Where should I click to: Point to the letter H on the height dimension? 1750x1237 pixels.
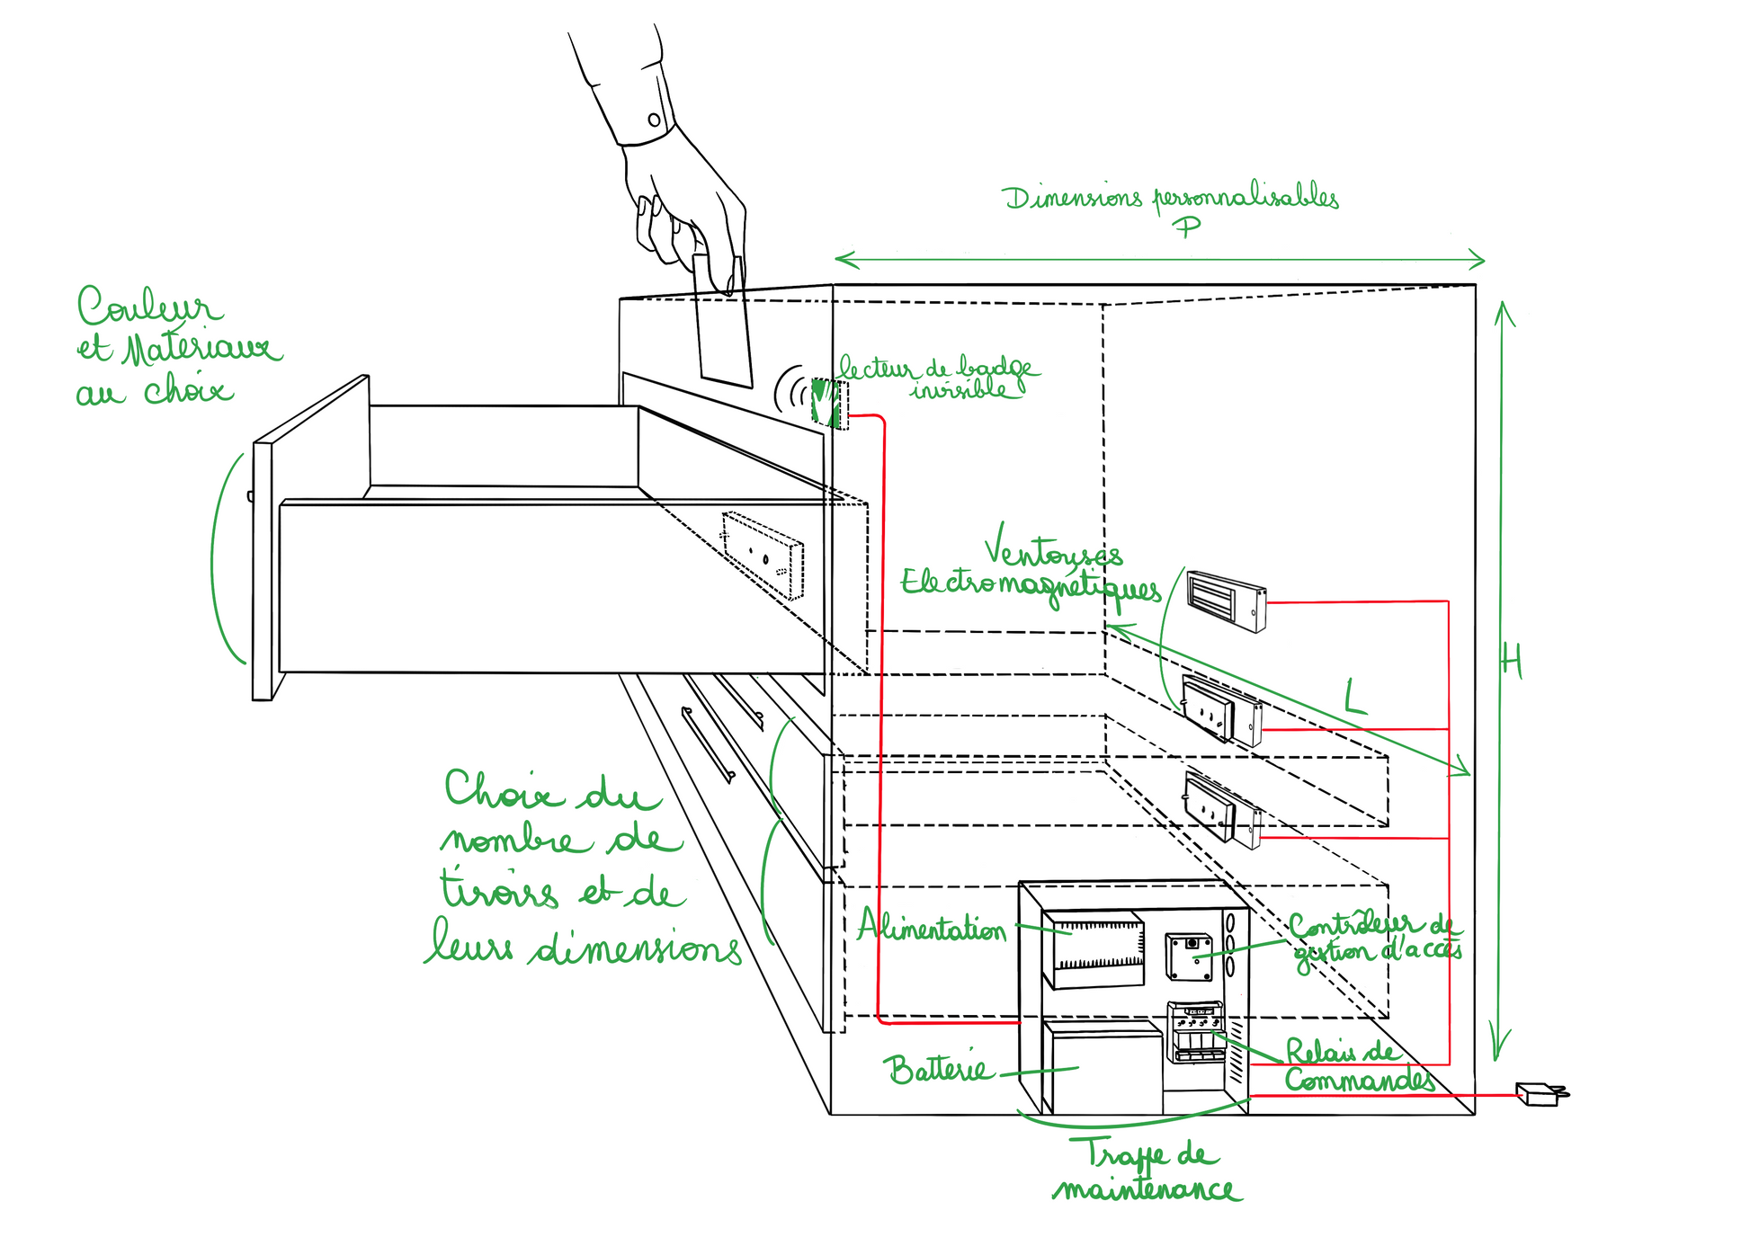tap(1512, 663)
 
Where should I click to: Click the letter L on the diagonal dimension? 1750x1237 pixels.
tap(1355, 698)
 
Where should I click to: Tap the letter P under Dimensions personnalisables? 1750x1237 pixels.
tap(1187, 226)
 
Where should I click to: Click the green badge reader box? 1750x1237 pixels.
tap(826, 402)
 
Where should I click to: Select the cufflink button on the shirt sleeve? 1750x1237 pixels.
tap(654, 120)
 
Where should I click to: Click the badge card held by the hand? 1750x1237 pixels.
tap(722, 328)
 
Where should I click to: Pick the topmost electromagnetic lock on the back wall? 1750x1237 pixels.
tap(1227, 599)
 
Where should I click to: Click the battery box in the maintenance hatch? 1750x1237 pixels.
tap(1103, 1070)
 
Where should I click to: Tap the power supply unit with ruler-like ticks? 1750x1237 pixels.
tap(1093, 949)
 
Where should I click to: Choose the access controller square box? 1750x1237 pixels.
tap(1189, 957)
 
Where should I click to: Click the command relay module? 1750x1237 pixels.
tap(1195, 1031)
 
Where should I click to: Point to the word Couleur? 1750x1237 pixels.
tap(148, 307)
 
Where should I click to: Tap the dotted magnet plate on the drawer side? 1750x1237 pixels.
tap(763, 555)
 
